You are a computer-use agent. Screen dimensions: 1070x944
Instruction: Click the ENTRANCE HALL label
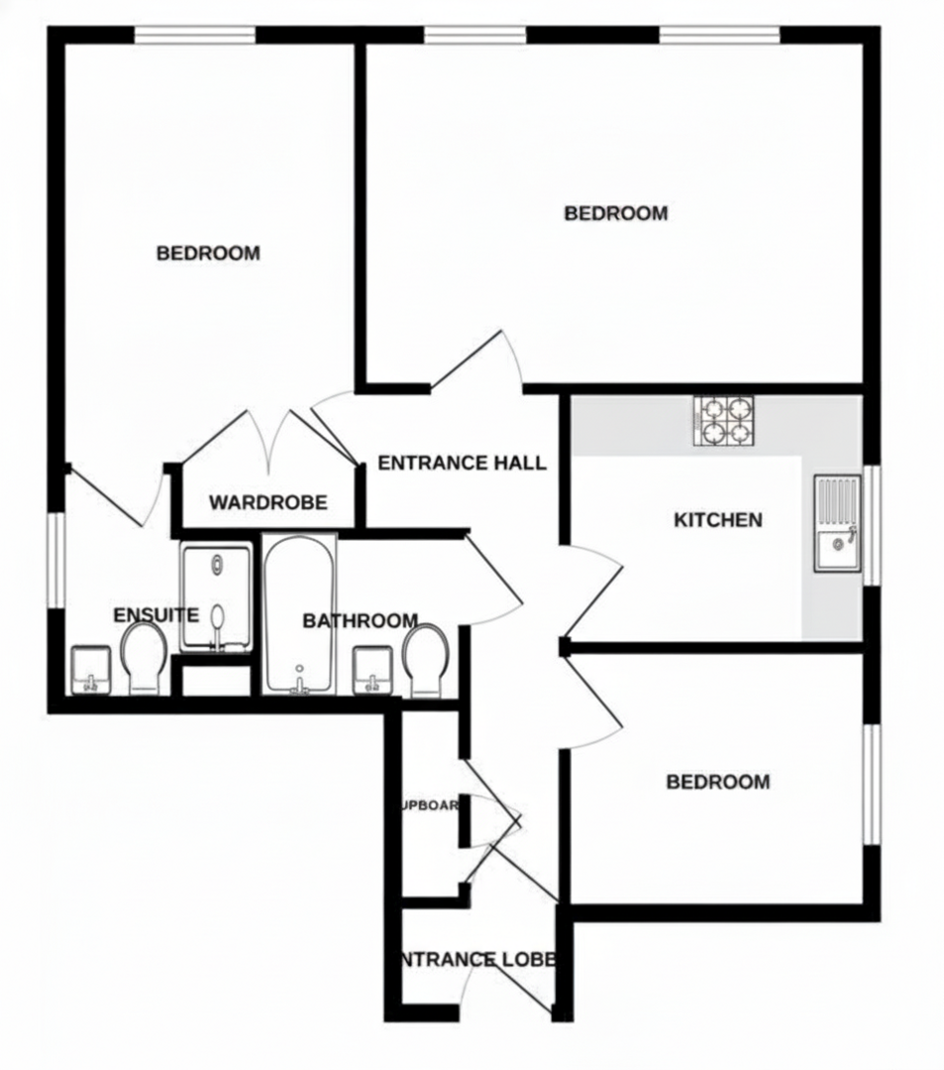462,463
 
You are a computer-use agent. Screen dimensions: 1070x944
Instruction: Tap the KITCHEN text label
718,520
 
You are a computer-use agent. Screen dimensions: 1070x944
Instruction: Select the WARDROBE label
267,503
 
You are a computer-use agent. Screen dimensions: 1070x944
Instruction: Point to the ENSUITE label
157,614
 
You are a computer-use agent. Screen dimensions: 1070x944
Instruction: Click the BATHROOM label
360,621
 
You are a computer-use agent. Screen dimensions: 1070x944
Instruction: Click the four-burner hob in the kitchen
724,420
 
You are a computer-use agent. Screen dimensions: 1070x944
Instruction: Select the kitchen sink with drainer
838,524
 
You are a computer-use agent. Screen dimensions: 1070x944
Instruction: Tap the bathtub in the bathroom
299,614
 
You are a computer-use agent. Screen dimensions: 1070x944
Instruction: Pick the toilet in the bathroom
426,658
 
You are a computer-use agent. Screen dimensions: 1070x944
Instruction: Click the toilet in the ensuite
145,658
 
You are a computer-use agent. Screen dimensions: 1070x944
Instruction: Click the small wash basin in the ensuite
91,671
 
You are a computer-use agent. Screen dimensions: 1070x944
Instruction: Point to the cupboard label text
429,805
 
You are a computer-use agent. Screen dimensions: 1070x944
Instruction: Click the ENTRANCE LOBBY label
476,959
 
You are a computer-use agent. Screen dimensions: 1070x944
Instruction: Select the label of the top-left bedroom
208,254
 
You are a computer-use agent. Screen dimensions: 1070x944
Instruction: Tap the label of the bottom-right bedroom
717,783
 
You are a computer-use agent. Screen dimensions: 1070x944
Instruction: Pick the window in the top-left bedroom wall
194,36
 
